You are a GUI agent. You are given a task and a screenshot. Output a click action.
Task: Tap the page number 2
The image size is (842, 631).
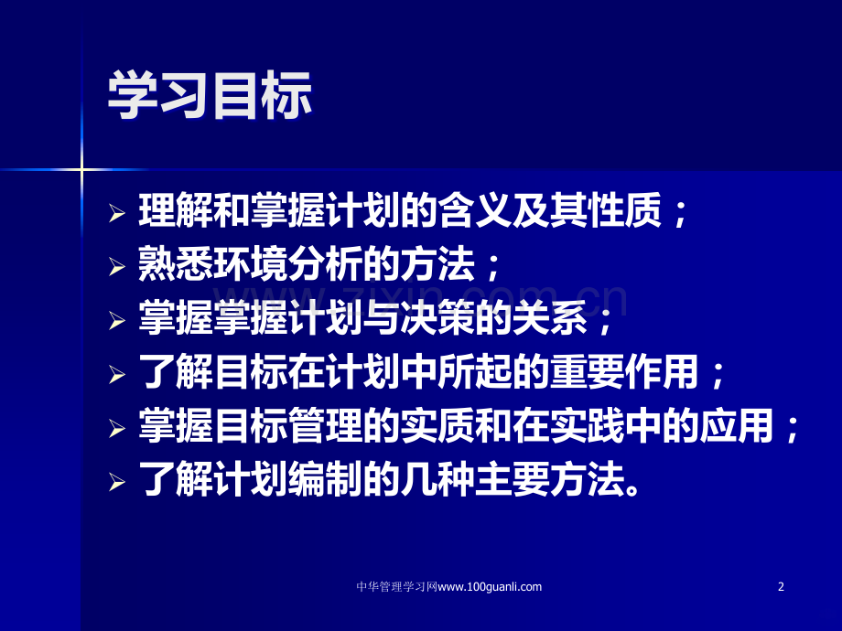point(781,587)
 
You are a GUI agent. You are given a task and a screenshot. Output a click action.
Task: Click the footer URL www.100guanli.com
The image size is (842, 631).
point(491,587)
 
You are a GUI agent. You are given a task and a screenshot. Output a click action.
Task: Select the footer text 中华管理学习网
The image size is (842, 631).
point(395,587)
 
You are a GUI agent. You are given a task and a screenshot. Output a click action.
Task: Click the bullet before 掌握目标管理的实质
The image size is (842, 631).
point(115,426)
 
